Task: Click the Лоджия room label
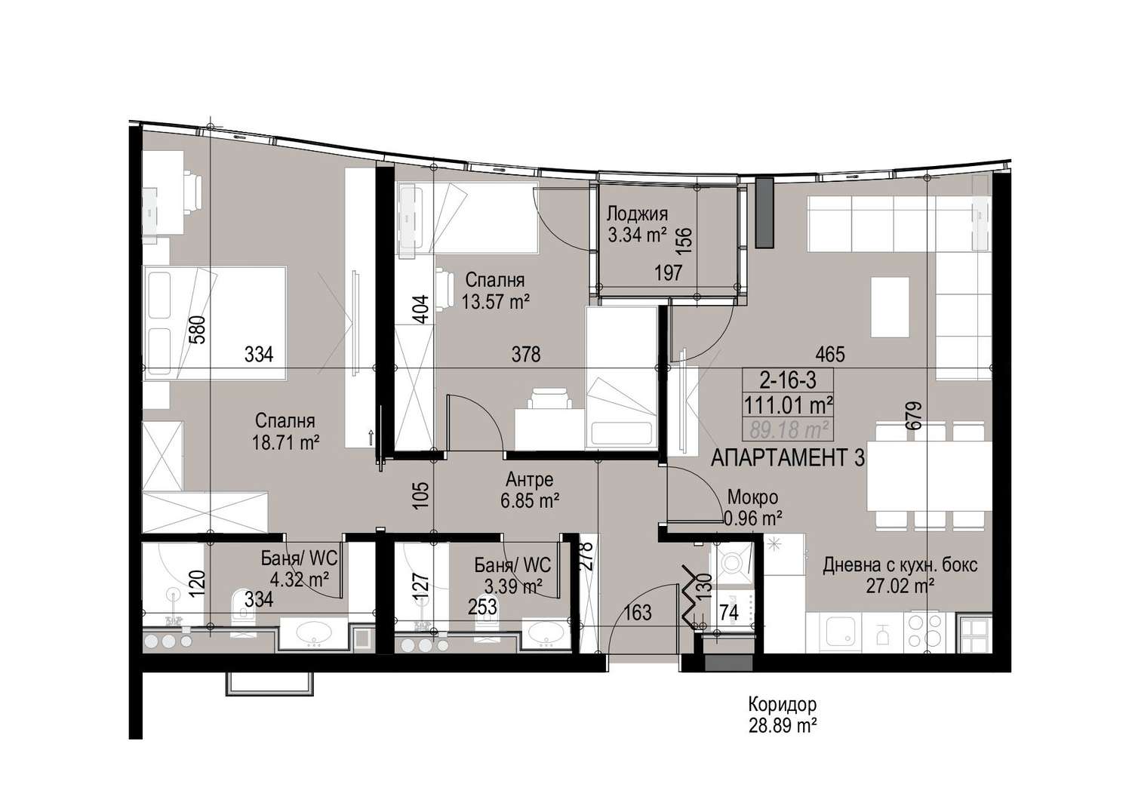[x=637, y=214]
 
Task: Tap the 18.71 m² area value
[x=286, y=443]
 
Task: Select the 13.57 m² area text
[x=495, y=302]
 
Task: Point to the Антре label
[x=530, y=479]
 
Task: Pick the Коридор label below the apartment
[x=783, y=704]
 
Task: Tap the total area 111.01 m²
[x=789, y=404]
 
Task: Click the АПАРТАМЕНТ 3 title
[x=788, y=458]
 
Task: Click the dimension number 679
[x=915, y=415]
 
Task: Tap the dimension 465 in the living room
[x=830, y=354]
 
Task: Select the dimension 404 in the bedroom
[x=421, y=309]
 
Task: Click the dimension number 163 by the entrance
[x=637, y=613]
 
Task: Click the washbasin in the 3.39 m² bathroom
[x=546, y=634]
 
